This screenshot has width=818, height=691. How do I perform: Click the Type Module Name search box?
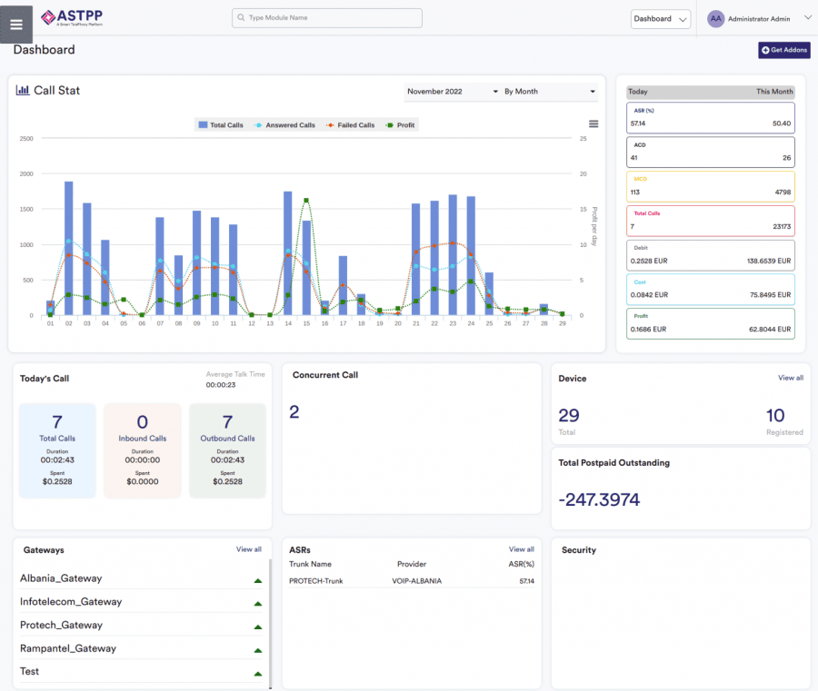click(327, 18)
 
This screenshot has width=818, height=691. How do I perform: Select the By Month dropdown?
click(549, 92)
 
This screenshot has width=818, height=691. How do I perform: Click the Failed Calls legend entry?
click(351, 125)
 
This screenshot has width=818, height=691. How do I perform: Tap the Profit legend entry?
click(401, 125)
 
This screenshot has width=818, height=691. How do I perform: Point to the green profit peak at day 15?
click(306, 200)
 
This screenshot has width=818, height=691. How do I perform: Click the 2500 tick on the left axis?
click(26, 138)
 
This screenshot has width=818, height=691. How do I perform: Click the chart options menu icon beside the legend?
click(594, 124)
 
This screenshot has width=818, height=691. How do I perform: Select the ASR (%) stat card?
click(710, 117)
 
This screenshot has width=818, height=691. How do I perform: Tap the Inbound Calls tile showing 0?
click(142, 450)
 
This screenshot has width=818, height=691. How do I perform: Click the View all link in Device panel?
click(790, 378)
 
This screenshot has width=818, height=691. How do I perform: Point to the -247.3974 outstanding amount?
click(598, 499)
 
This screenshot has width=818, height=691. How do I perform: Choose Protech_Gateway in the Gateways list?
click(61, 625)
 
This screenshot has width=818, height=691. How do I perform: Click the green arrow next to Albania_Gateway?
click(257, 579)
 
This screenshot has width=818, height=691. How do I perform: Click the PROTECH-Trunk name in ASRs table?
click(315, 580)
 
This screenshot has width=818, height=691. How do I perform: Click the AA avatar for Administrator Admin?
click(716, 18)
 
